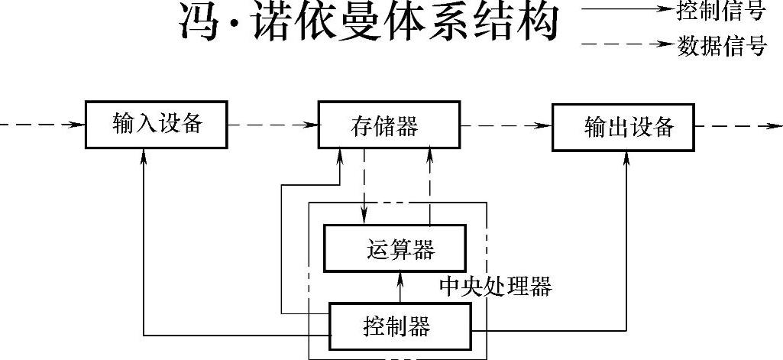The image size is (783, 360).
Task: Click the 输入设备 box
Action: (x=156, y=124)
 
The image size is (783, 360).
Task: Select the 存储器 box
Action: (x=387, y=125)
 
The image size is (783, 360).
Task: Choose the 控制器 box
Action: (x=400, y=328)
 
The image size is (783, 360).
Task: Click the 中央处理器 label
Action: (x=495, y=287)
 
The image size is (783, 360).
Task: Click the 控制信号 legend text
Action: (x=721, y=11)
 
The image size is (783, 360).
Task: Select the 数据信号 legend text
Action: (x=721, y=47)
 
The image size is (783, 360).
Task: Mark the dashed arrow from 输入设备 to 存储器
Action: (x=273, y=124)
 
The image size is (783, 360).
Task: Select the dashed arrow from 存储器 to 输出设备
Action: (x=505, y=125)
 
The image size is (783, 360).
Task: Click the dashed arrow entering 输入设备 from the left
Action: (x=42, y=124)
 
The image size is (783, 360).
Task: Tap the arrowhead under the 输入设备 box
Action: (x=144, y=156)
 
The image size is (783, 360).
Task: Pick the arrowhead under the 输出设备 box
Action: (x=626, y=157)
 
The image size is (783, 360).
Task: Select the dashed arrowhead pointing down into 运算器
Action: (x=365, y=218)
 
